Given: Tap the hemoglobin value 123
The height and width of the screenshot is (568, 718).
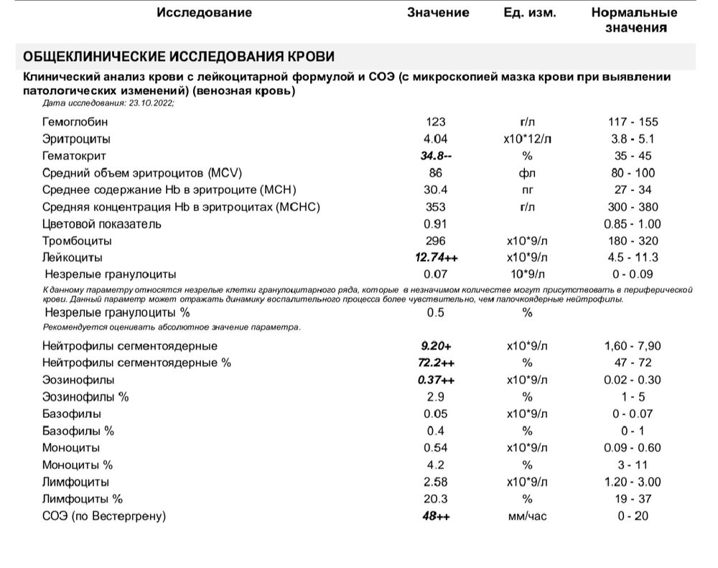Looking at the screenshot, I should [x=436, y=122].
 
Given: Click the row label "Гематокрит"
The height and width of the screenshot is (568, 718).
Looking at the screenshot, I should [x=74, y=156].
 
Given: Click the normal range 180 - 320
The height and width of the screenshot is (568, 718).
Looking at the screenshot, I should [x=633, y=241].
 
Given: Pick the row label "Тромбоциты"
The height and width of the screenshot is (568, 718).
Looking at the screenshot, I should [x=77, y=241].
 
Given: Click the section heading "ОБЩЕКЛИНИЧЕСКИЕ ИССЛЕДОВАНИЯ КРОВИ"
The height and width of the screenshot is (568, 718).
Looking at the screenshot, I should [x=179, y=57].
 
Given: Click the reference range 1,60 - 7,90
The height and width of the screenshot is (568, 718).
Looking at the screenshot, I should [x=633, y=346].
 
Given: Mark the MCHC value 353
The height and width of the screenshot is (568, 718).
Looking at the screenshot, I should [x=436, y=207].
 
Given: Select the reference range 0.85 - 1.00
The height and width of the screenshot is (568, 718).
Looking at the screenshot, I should [x=633, y=224].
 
